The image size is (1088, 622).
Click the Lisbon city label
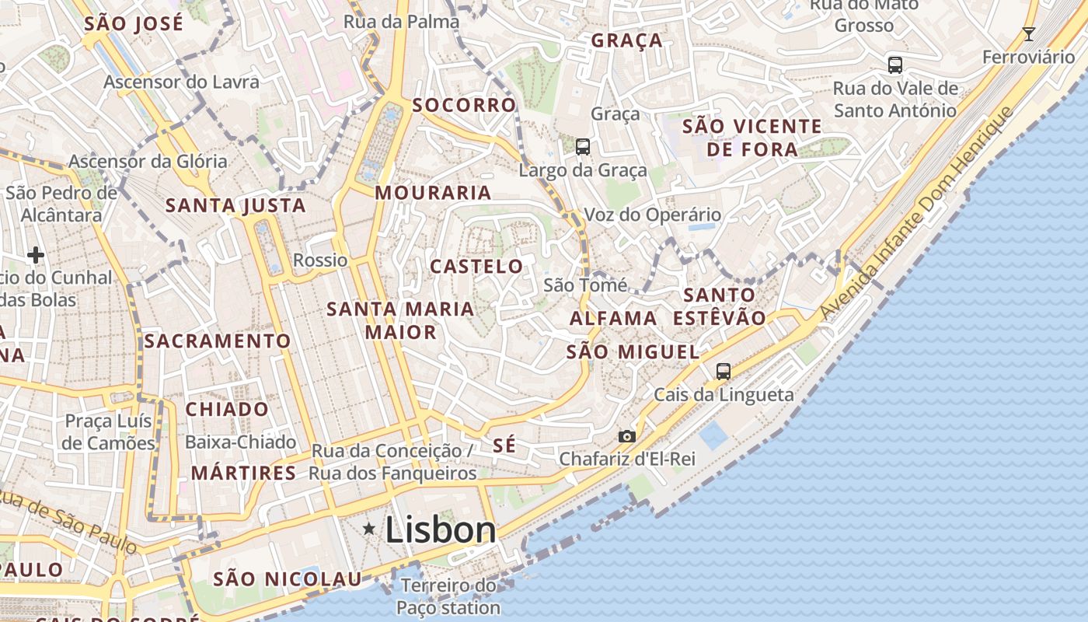click(x=440, y=530)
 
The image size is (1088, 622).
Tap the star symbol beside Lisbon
click(x=369, y=529)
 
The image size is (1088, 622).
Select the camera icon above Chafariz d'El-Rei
click(x=627, y=436)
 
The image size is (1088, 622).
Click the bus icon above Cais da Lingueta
click(x=724, y=371)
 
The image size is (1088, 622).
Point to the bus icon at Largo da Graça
click(x=582, y=146)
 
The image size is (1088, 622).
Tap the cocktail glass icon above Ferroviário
click(x=1029, y=33)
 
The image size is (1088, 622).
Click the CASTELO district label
click(x=477, y=267)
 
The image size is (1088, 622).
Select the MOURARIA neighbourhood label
click(x=434, y=192)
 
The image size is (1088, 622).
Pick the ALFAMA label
click(x=613, y=318)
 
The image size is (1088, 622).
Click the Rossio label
click(x=320, y=260)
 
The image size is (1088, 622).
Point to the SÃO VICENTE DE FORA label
click(x=741, y=137)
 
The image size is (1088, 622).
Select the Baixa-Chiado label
click(x=240, y=442)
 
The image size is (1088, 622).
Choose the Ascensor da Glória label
click(x=148, y=161)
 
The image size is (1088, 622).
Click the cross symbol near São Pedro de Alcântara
click(x=35, y=254)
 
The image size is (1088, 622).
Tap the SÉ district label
click(x=504, y=445)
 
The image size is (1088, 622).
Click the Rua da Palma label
click(x=402, y=21)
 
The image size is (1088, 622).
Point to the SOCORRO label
click(x=464, y=105)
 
